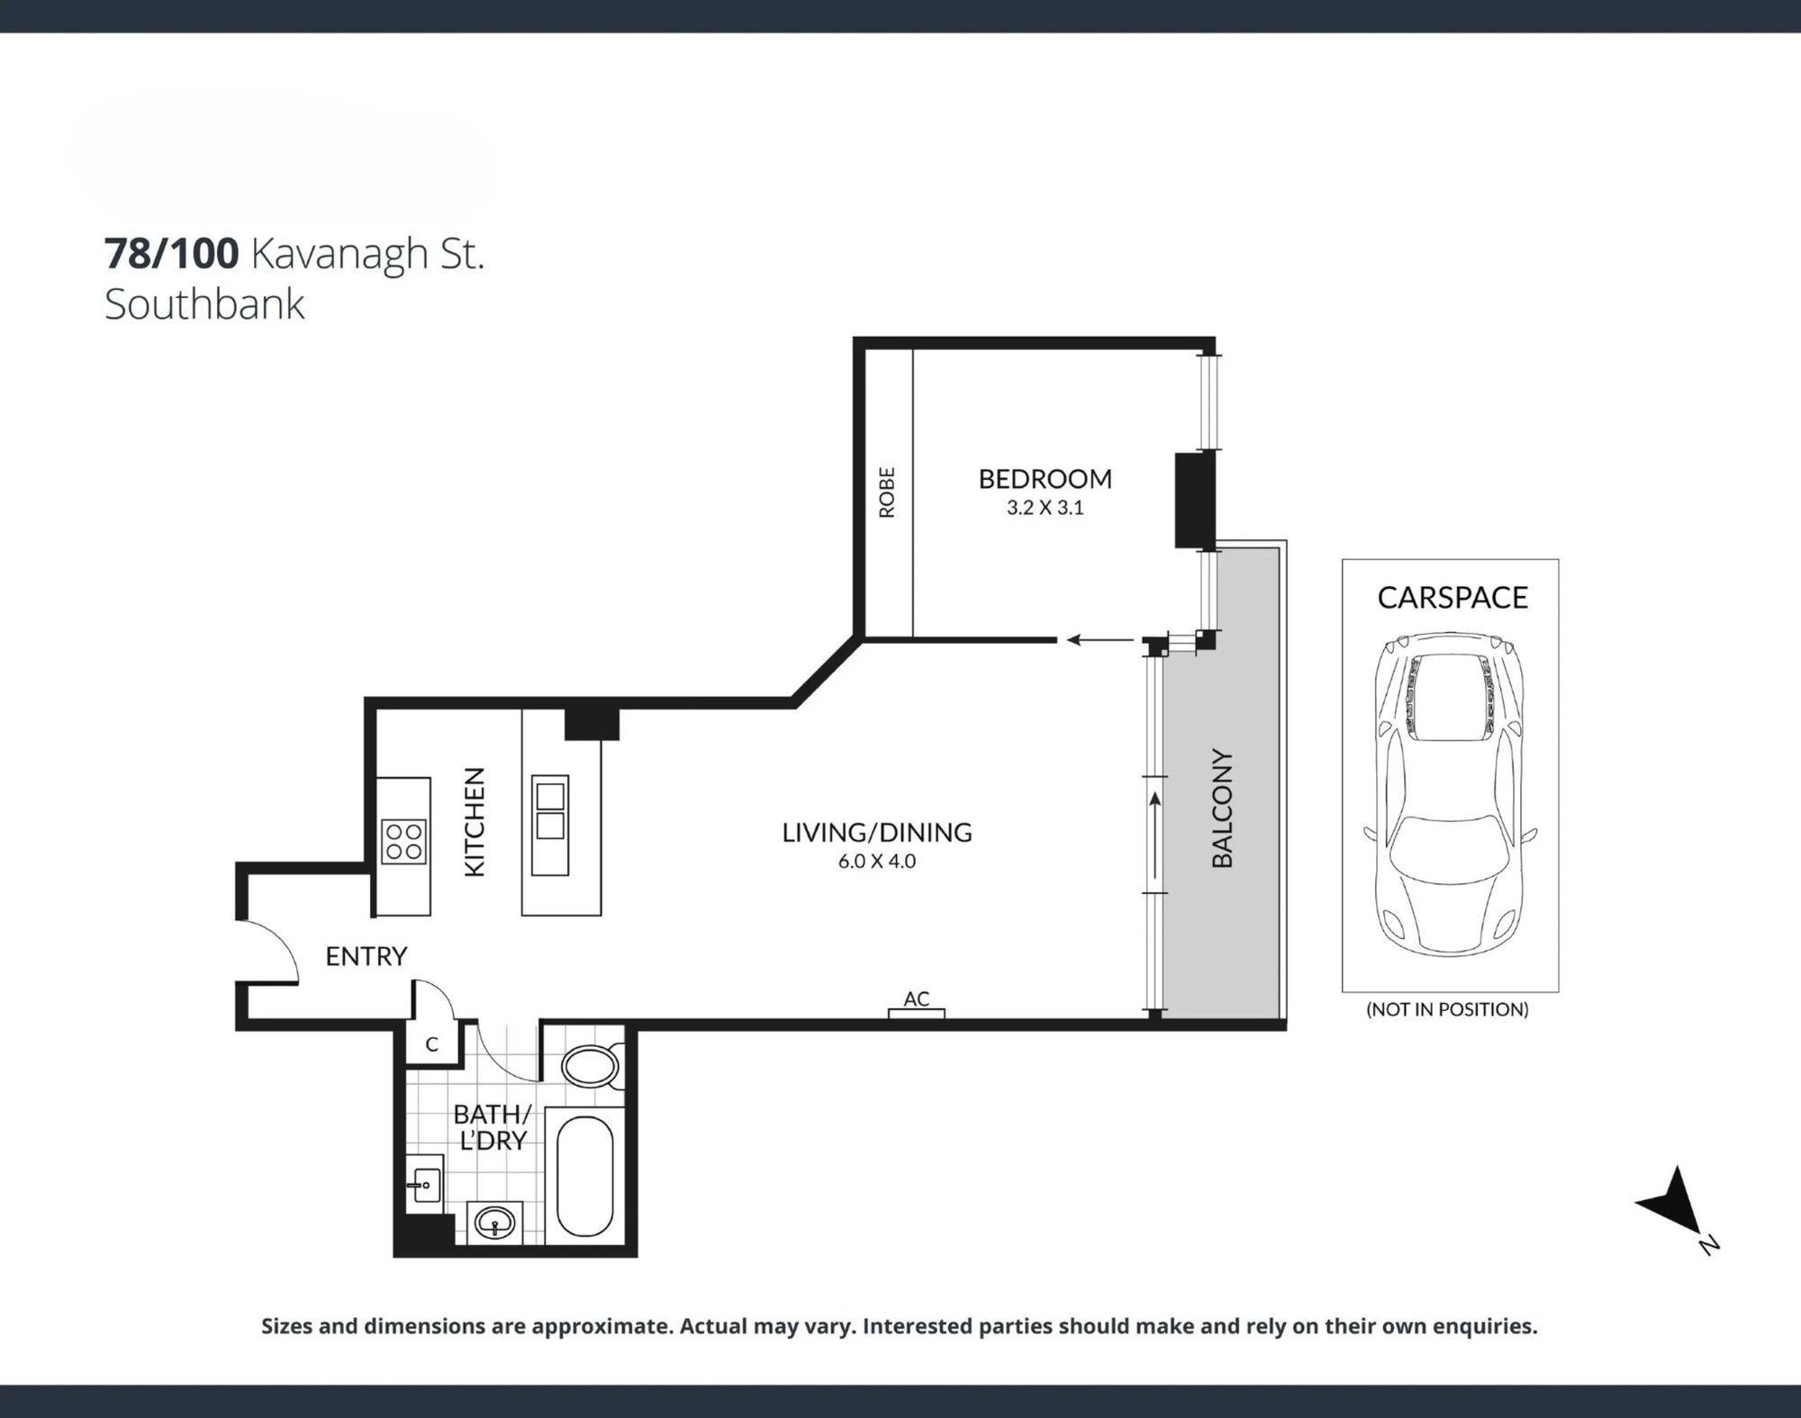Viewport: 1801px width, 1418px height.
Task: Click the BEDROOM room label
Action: click(1045, 478)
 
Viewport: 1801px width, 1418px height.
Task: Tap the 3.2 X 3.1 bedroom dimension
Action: click(1045, 508)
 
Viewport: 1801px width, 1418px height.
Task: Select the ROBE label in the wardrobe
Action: click(887, 492)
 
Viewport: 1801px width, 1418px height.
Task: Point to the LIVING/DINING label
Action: click(877, 832)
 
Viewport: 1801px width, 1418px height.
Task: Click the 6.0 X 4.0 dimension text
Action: click(877, 861)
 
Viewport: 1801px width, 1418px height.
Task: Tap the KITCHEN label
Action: click(474, 821)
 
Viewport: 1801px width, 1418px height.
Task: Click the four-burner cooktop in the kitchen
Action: click(403, 841)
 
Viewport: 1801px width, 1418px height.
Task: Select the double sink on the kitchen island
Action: click(550, 812)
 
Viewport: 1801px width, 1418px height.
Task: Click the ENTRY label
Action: click(367, 956)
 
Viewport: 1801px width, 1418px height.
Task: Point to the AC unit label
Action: click(917, 998)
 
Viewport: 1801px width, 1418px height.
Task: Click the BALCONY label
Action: click(1222, 808)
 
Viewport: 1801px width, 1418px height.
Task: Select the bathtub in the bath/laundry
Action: click(585, 1176)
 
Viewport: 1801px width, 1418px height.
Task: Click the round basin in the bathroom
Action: click(493, 1223)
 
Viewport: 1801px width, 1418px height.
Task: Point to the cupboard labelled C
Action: click(432, 1043)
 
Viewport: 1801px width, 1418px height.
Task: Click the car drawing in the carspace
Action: click(1450, 793)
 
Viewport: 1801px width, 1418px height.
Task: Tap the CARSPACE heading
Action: click(1453, 598)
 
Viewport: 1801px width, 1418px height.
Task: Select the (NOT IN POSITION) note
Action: click(1447, 1009)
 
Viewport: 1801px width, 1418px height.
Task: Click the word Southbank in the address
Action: click(204, 304)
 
